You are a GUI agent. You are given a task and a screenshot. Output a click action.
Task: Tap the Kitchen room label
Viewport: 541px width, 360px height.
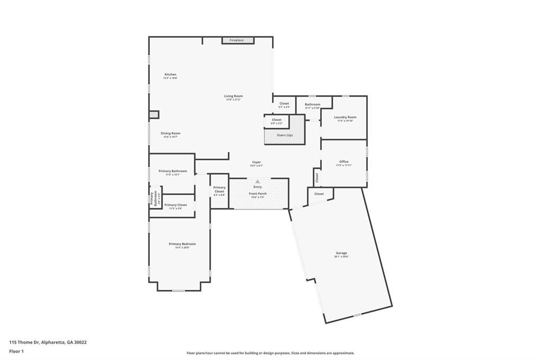[x=170, y=74]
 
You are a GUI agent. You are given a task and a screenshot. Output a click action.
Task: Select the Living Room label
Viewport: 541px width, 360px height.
[x=233, y=96]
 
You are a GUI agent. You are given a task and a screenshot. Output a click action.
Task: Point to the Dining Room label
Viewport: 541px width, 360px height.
[x=170, y=133]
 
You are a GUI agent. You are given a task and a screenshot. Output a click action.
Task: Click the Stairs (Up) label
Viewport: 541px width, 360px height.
[x=285, y=135]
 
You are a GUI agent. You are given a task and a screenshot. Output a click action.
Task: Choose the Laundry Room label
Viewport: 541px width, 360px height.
[x=345, y=117]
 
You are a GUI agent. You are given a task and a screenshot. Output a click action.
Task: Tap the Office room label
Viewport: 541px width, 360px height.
[x=344, y=162]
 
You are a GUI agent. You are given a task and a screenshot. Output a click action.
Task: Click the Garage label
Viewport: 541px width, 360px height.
[x=341, y=253]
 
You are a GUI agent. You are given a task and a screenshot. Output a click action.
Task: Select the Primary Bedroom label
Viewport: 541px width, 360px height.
[x=182, y=244]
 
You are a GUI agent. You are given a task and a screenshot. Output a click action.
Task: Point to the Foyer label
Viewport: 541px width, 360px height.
[x=256, y=162]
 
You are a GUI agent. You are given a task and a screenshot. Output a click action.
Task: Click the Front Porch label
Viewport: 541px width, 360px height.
[x=258, y=194]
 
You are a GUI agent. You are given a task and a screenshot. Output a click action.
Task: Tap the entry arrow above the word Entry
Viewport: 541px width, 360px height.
[x=258, y=182]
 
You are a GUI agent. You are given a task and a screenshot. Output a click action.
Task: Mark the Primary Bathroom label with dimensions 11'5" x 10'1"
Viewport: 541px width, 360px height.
[x=172, y=171]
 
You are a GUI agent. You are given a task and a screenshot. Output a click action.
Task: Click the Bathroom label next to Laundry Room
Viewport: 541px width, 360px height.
[x=312, y=105]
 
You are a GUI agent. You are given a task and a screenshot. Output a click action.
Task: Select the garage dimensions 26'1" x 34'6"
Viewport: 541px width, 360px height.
[x=341, y=257]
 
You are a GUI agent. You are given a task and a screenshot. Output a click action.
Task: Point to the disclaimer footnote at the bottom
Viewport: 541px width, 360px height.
[x=270, y=353]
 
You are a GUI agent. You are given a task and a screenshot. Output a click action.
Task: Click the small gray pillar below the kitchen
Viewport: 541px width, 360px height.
[x=154, y=115]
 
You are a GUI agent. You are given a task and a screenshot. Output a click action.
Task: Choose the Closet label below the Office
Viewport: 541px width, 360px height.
[x=319, y=194]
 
